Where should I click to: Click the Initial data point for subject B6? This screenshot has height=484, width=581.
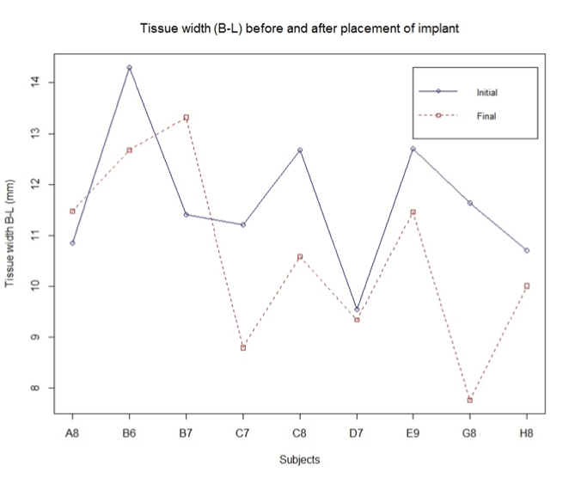pyautogui.click(x=129, y=67)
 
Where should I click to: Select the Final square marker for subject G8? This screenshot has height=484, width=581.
pyautogui.click(x=470, y=400)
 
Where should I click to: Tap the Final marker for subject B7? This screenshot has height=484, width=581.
pyautogui.click(x=186, y=117)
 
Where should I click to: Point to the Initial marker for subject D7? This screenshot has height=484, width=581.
pyautogui.click(x=357, y=309)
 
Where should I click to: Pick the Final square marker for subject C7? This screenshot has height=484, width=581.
pyautogui.click(x=243, y=347)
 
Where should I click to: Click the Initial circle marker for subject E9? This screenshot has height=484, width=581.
pyautogui.click(x=413, y=149)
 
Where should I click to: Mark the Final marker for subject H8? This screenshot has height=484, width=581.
pyautogui.click(x=527, y=285)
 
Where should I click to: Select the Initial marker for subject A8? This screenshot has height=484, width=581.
pyautogui.click(x=72, y=243)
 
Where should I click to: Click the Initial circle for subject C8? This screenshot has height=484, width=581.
pyautogui.click(x=300, y=150)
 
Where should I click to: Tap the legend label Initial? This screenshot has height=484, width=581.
pyautogui.click(x=487, y=92)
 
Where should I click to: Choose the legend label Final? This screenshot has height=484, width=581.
pyautogui.click(x=486, y=115)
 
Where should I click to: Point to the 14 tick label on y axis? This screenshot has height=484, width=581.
pyautogui.click(x=35, y=83)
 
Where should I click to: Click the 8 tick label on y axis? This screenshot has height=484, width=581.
pyautogui.click(x=35, y=388)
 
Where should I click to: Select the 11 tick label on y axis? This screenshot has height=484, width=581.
pyautogui.click(x=35, y=235)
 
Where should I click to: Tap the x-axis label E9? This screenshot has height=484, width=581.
pyautogui.click(x=413, y=434)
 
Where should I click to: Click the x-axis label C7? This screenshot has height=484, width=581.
pyautogui.click(x=243, y=434)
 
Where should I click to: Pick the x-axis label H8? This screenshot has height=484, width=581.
pyautogui.click(x=527, y=434)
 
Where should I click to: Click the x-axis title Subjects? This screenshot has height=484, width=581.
pyautogui.click(x=299, y=460)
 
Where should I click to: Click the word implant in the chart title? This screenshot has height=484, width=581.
pyautogui.click(x=439, y=28)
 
